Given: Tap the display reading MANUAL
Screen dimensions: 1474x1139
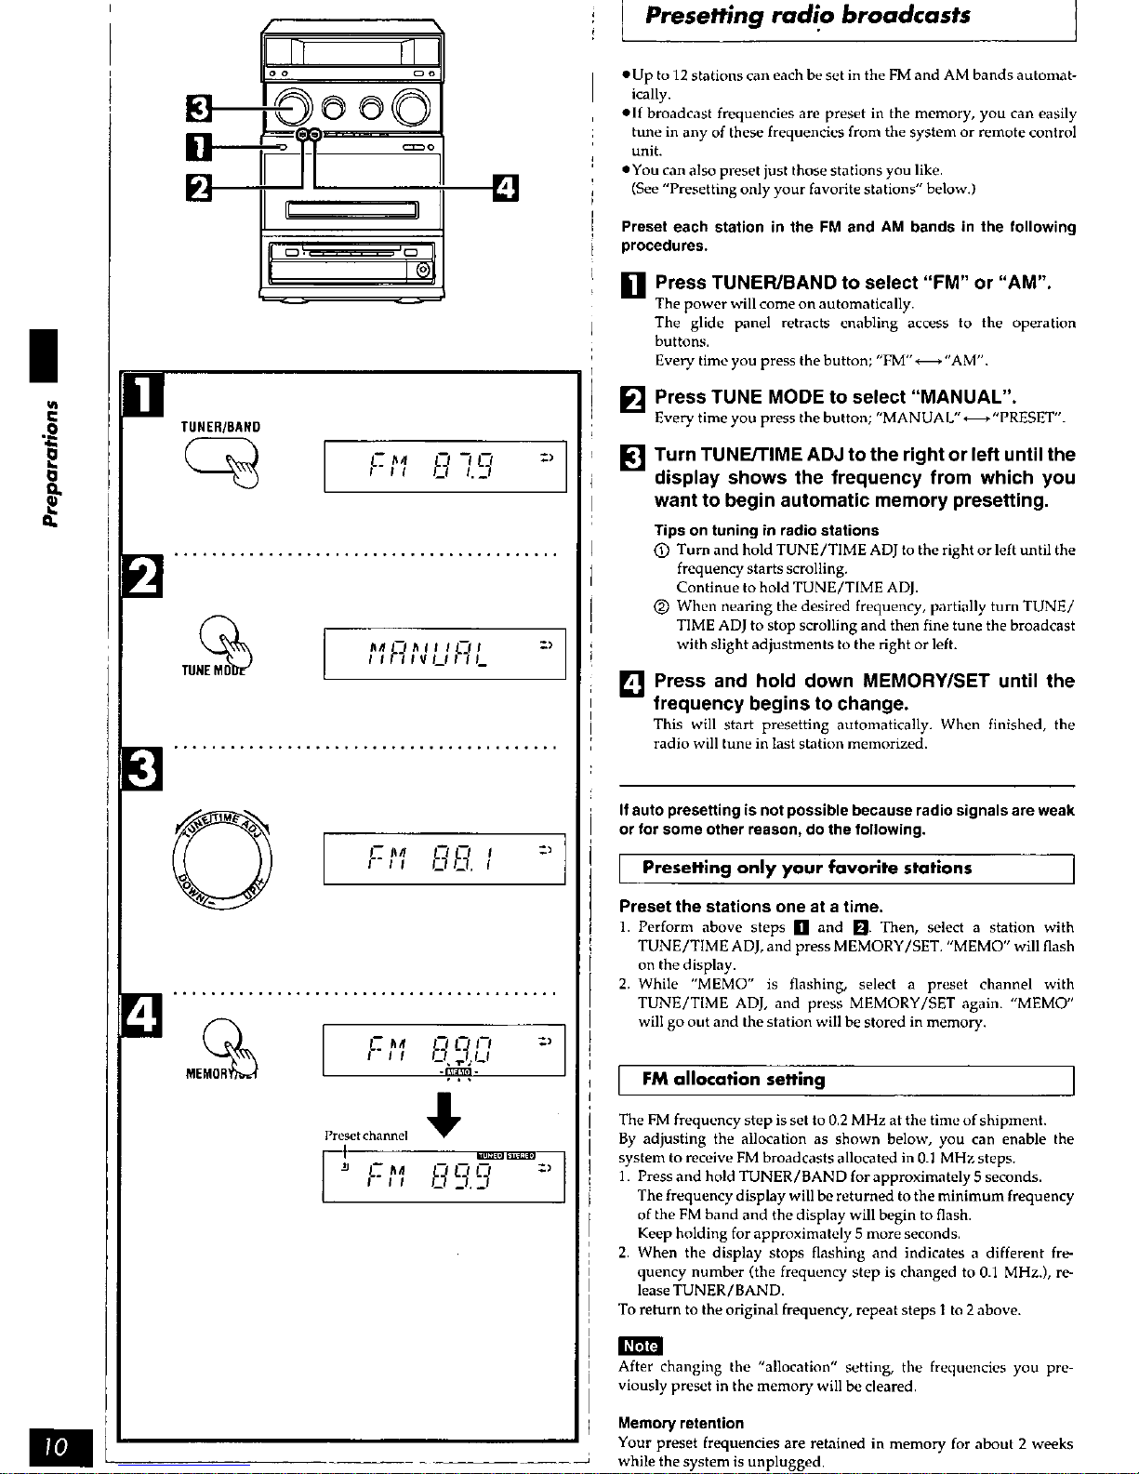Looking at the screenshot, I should [444, 654].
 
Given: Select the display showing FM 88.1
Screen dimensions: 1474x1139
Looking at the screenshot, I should [444, 858].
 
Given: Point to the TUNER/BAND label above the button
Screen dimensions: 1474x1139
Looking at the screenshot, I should [220, 427].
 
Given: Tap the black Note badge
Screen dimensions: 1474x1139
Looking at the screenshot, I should [641, 1346].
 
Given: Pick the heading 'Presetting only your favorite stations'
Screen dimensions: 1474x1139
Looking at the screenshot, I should [807, 868].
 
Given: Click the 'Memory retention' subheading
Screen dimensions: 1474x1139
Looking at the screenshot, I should [682, 1423].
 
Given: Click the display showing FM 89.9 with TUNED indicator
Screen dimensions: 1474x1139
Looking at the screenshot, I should [444, 1176].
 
